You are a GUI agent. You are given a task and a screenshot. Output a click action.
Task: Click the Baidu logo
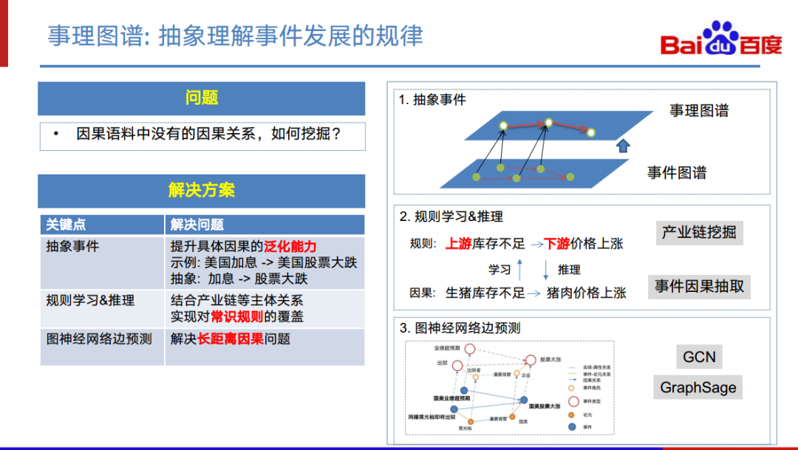pyautogui.click(x=720, y=41)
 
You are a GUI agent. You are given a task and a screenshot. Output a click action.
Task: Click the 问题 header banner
pyautogui.click(x=202, y=98)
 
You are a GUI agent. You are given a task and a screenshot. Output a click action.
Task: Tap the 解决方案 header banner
pyautogui.click(x=202, y=191)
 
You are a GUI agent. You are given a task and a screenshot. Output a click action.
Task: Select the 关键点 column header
pyautogui.click(x=66, y=225)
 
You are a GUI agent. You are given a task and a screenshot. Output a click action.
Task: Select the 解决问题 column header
pyautogui.click(x=197, y=225)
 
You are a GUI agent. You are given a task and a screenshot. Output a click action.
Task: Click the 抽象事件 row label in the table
pyautogui.click(x=72, y=246)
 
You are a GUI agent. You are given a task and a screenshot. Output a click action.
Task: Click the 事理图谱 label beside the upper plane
pyautogui.click(x=699, y=111)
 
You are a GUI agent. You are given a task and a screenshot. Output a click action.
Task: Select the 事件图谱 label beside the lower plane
pyautogui.click(x=677, y=173)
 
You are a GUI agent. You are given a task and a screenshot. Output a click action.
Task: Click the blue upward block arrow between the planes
pyautogui.click(x=622, y=145)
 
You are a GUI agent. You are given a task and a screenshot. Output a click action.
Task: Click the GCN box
pyautogui.click(x=699, y=357)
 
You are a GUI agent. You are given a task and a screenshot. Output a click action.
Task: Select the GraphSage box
pyautogui.click(x=698, y=387)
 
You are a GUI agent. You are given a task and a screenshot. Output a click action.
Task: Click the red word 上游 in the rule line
pyautogui.click(x=459, y=243)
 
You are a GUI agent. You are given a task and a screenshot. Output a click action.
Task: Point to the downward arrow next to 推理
pyautogui.click(x=546, y=268)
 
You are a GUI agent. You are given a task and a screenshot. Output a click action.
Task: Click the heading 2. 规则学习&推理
pyautogui.click(x=451, y=217)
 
